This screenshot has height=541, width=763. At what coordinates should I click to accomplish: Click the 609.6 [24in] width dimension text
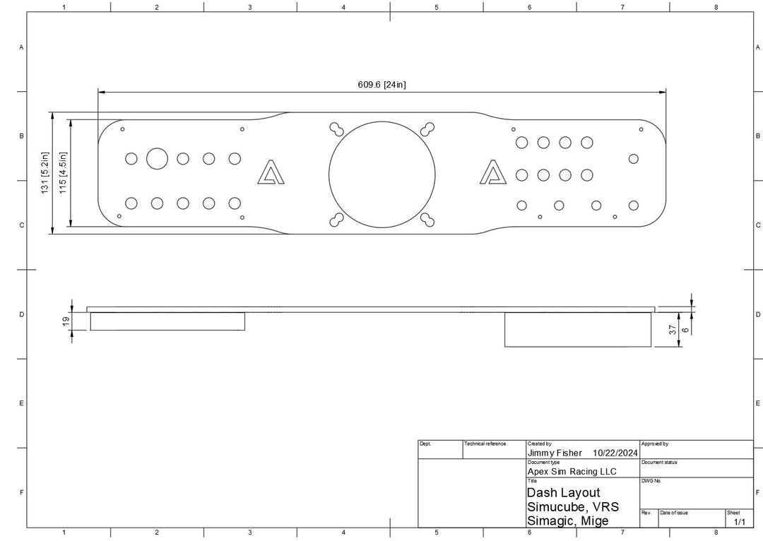pos(381,85)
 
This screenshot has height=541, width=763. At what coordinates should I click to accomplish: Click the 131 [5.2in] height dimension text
pos(45,173)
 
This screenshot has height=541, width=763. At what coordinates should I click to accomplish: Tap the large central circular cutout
pos(381,174)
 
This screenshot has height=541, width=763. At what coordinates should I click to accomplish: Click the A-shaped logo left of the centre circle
pos(271,172)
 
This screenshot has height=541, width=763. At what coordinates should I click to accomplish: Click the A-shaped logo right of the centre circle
pos(492,172)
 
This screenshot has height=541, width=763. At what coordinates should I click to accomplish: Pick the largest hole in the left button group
pos(157,158)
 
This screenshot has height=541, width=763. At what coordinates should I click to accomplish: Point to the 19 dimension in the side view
pos(66,321)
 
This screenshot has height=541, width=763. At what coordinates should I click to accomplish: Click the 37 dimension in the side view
pos(673,329)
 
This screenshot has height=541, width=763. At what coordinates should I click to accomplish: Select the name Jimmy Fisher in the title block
pos(555,453)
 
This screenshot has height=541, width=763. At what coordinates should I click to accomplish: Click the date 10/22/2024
pos(615,453)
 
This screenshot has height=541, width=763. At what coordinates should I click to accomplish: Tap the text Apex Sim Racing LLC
pos(572,471)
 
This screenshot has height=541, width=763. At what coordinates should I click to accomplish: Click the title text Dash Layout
pos(563,492)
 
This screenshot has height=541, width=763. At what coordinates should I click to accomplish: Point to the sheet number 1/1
pos(739,522)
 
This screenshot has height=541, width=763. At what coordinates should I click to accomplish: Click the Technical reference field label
pos(485,444)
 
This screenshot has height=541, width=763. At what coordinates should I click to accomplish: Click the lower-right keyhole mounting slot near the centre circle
pos(427,220)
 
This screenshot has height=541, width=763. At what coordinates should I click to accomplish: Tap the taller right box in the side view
pos(577,329)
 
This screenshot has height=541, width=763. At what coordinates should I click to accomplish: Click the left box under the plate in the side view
pos(167,321)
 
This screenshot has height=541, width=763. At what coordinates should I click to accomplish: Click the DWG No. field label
pos(651,480)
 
